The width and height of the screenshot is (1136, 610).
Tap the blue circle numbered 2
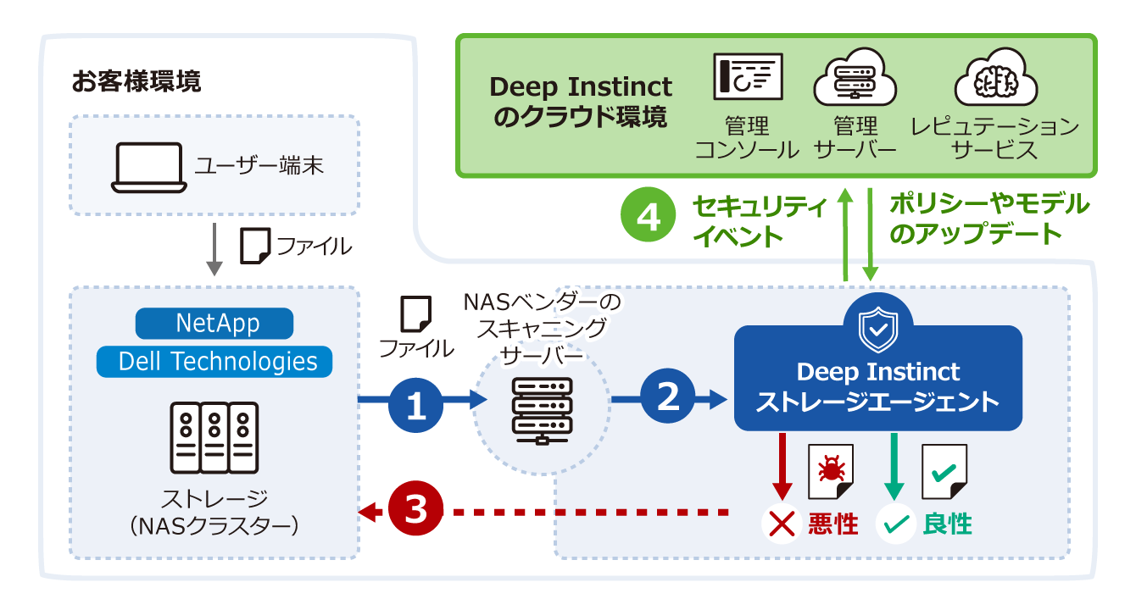click(668, 398)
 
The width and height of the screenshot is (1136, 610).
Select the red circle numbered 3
click(416, 511)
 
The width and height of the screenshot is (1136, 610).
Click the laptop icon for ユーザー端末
click(148, 167)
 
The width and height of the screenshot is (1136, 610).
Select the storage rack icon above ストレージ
click(215, 437)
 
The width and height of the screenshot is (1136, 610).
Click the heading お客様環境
click(136, 81)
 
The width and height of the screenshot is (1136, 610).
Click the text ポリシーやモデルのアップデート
click(988, 218)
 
